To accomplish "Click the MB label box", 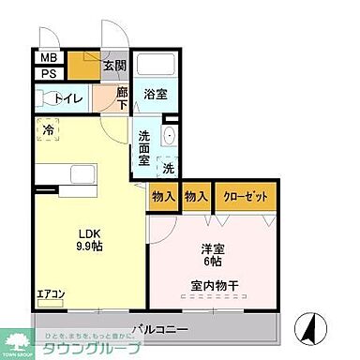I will [x=48, y=57].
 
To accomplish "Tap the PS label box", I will [x=48, y=73].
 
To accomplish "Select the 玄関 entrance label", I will [x=114, y=66].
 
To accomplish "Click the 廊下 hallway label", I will [x=122, y=98].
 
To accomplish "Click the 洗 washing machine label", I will [x=167, y=170].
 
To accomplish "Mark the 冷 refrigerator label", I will [x=48, y=129].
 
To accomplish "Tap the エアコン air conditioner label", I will [x=51, y=295].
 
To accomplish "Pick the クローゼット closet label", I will [x=245, y=198].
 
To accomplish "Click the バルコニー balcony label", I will [x=160, y=330].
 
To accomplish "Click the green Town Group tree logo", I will [x=18, y=342].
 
